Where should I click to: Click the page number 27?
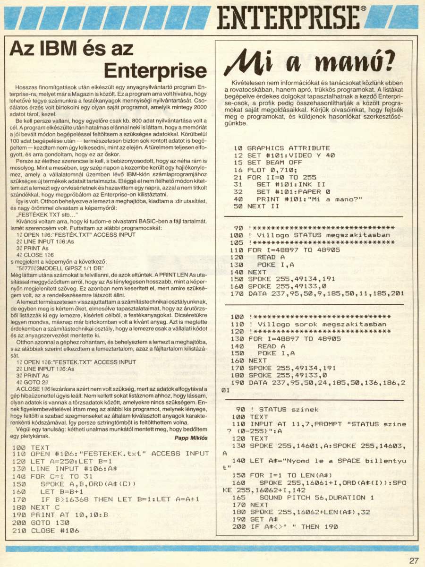click(x=414, y=560)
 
